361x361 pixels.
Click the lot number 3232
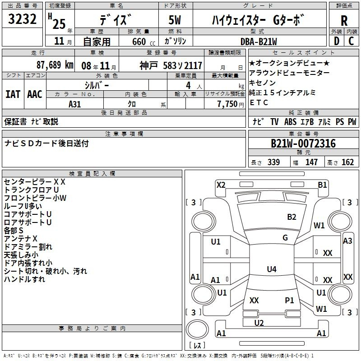[22, 19]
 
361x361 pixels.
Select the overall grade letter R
[344, 20]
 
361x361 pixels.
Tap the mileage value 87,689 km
[55, 65]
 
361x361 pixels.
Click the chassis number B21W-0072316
[303, 143]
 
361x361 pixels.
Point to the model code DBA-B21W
[259, 42]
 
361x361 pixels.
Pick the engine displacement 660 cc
[143, 42]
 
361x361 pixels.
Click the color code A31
[74, 104]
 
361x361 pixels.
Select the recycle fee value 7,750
[227, 104]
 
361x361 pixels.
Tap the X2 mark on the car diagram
[221, 185]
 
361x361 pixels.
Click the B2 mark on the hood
[292, 217]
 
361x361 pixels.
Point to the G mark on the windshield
[285, 238]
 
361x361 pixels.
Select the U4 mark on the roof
[272, 269]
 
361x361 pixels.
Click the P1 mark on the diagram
[289, 300]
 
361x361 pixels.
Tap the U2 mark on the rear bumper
[259, 323]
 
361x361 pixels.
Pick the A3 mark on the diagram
[347, 241]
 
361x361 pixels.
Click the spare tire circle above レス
[197, 329]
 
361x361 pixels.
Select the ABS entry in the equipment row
[290, 122]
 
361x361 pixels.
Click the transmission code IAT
[13, 94]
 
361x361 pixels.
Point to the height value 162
[347, 162]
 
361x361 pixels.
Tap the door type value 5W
[175, 20]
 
